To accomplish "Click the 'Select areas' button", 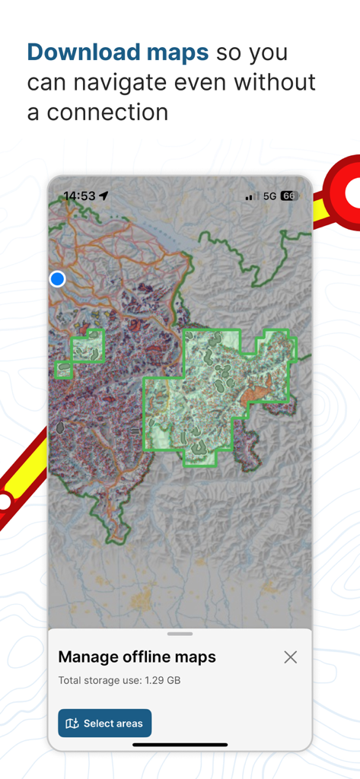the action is point(105,723).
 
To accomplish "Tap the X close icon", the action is point(290,657).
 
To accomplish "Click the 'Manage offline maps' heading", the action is point(137,657).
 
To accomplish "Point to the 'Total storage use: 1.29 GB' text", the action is point(119,680).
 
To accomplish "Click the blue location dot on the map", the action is point(57,279).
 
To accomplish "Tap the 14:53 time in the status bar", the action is point(79,196).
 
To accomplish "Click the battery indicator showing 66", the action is point(288,196).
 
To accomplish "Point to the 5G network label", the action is point(269,196).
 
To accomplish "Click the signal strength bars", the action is point(252,196).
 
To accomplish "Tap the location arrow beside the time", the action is point(104,196).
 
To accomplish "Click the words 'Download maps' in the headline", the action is point(118,52).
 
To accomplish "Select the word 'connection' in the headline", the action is point(107,112).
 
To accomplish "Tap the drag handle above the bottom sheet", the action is point(180,633).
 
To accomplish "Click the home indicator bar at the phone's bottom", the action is point(180,744).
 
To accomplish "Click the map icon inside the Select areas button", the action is point(72,723).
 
